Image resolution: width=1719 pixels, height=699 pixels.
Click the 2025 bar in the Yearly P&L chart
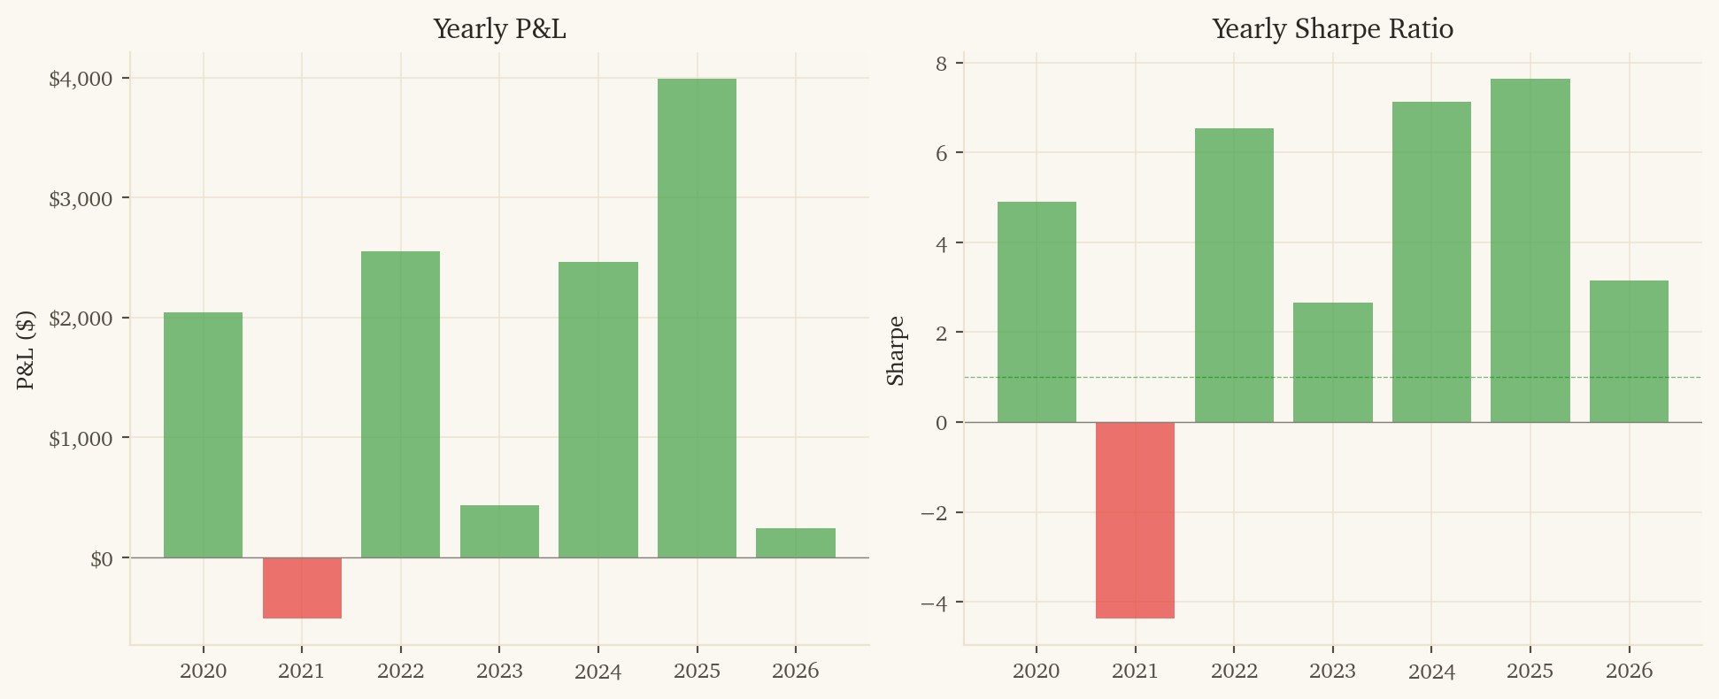point(697,319)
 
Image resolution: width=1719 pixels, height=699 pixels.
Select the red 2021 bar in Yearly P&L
point(302,588)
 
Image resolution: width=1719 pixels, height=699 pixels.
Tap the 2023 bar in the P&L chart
point(499,531)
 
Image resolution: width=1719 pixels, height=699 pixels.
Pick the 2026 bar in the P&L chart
point(795,542)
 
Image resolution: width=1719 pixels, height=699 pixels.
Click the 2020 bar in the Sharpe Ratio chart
point(1037,311)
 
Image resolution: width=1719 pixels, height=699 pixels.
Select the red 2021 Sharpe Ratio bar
point(1135,520)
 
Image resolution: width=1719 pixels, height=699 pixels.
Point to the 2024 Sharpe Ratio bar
point(1431,262)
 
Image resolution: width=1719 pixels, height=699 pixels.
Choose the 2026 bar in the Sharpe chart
point(1629,351)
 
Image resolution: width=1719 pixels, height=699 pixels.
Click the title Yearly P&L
point(499,29)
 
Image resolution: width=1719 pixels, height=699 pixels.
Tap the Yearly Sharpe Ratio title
point(1332,29)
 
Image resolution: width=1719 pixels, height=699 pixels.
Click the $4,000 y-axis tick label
point(81,79)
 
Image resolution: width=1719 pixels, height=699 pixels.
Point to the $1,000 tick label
point(81,438)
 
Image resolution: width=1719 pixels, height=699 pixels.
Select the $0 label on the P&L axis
point(101,558)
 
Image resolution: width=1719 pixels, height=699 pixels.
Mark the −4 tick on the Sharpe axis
point(934,603)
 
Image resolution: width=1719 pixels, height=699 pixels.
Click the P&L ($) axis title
point(26,349)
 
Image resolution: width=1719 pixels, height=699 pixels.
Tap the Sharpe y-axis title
point(896,349)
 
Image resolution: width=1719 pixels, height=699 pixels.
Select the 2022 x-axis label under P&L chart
point(400,671)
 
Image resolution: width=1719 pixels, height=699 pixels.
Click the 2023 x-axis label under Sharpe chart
point(1332,671)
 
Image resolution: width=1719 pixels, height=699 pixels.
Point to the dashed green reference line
point(1682,378)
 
